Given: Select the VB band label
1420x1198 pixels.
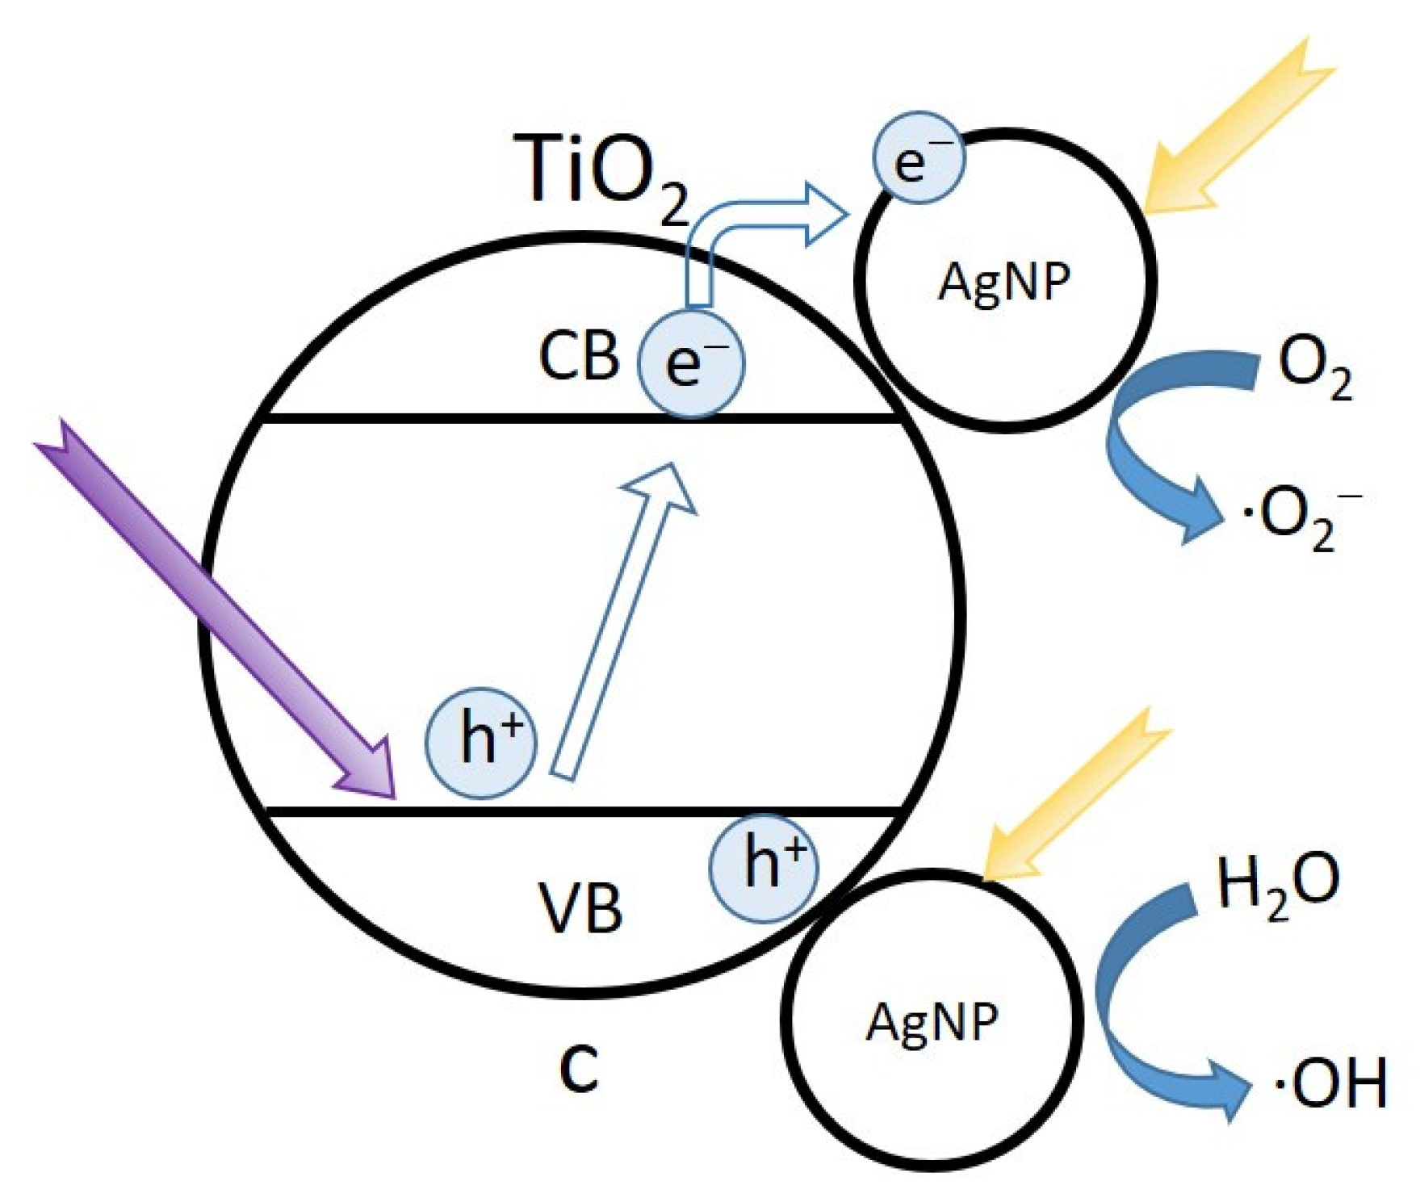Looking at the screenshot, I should tap(580, 909).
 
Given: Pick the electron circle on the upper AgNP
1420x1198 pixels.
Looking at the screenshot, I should tap(919, 160).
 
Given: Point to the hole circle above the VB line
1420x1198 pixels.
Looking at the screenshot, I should tap(482, 744).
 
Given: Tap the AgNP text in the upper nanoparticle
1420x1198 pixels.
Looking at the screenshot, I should tap(1004, 283).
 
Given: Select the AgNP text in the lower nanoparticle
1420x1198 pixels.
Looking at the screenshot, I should tap(932, 1022).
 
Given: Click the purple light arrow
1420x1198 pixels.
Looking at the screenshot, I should tap(218, 614).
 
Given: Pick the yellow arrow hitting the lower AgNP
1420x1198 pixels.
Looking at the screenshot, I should tap(1074, 799).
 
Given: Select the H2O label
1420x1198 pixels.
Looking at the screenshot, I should tap(1276, 885).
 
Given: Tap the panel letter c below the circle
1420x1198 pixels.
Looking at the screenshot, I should tap(579, 1070).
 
